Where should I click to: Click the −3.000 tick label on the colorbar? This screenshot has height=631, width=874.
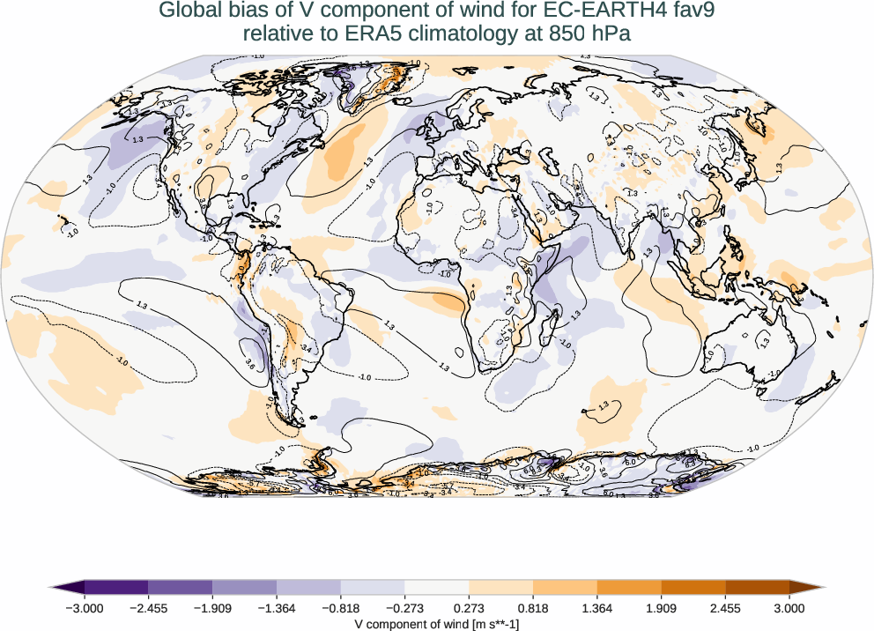[85, 607]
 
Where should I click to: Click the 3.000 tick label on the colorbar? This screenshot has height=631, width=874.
[789, 607]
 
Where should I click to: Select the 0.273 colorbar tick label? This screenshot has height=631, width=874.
[470, 607]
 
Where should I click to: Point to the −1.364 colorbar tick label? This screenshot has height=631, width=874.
[277, 607]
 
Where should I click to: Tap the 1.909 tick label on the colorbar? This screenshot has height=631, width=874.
[661, 607]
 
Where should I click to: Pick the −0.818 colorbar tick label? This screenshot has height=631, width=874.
[341, 607]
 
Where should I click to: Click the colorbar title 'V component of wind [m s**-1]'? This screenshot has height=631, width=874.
[437, 623]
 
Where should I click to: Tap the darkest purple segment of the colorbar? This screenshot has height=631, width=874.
[116, 588]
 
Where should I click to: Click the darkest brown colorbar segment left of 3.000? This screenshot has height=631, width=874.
[757, 588]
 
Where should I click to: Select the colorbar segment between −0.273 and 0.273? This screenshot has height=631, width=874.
[437, 588]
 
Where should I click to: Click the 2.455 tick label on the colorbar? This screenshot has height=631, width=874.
[725, 607]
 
